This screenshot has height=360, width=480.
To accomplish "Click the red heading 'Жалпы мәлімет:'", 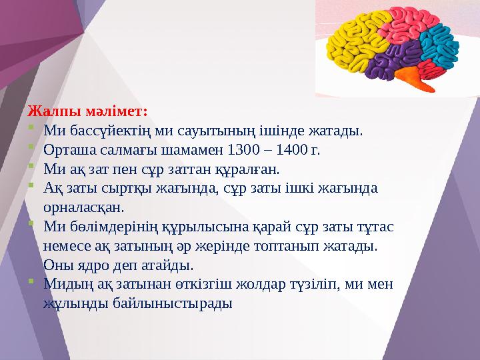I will (x=87, y=109).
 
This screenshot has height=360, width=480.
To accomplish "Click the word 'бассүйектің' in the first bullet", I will (x=97, y=129).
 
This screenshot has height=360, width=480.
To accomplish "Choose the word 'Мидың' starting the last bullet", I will (x=63, y=284).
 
